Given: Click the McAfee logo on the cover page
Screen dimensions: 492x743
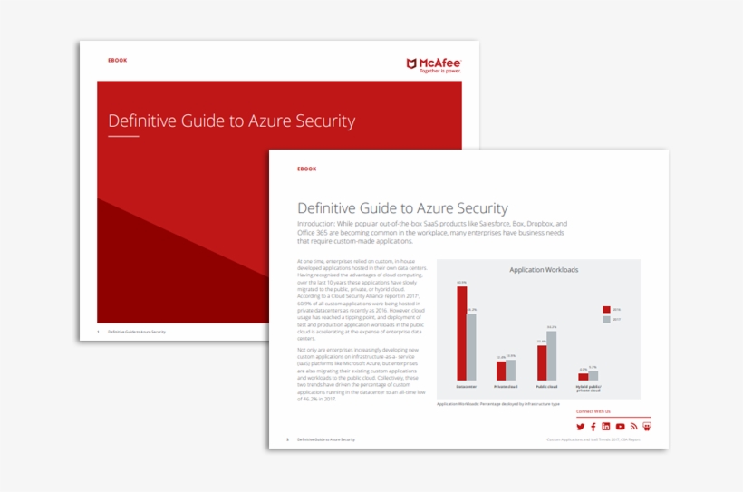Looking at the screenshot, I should pos(433,64).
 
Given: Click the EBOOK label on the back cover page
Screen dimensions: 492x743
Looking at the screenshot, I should pos(117,60).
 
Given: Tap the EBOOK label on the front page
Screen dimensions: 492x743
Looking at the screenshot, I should pos(306,169).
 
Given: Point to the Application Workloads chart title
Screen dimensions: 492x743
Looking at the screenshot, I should pos(544,270).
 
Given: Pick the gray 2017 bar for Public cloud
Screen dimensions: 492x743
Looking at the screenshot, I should pos(552,355).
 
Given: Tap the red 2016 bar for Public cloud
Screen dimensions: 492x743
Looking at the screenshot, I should pos(542,362).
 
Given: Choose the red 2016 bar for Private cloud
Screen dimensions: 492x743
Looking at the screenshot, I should pos(501,370).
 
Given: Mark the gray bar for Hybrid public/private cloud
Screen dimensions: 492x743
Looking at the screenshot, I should pos(593,375).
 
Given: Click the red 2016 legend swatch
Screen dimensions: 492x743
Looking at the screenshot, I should pos(606,309).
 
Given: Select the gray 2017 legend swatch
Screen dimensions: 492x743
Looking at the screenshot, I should pos(606,319).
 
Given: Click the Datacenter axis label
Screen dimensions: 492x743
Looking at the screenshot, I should pos(467,387).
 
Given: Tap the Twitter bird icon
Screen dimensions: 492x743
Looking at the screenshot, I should pos(581,427).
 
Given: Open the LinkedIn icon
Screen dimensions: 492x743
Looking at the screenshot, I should pos(606,427).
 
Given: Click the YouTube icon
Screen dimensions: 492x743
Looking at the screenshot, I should pos(620,427).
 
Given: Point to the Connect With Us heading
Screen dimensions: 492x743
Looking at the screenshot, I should pos(593,411).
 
